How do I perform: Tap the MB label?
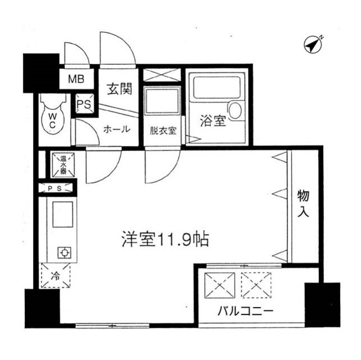[76, 78]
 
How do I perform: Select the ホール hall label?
[117, 129]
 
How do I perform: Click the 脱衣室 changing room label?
[163, 130]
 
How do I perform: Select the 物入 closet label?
[303, 203]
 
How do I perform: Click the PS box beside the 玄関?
[83, 104]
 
